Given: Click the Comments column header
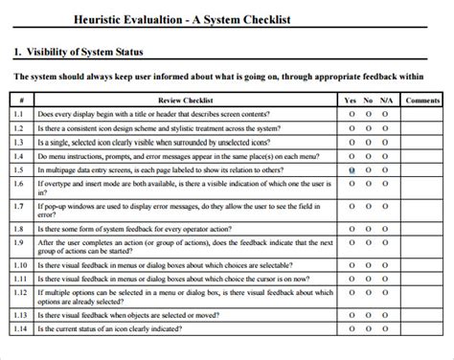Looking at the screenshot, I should point(421,100).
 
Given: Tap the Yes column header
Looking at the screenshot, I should point(351,100).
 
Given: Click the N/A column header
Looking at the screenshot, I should point(385,100).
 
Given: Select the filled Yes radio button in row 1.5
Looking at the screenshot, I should point(352,169).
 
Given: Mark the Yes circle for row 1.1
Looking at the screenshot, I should point(352,113).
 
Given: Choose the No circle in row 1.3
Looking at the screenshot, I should point(368,141).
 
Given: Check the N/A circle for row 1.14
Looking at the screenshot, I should point(385,329).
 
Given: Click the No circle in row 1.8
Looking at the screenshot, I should point(368,228).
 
